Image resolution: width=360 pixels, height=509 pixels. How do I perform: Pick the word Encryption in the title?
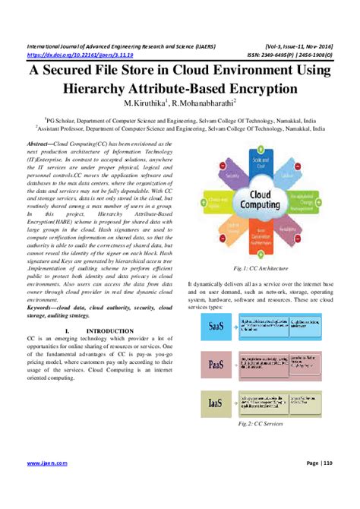257,88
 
